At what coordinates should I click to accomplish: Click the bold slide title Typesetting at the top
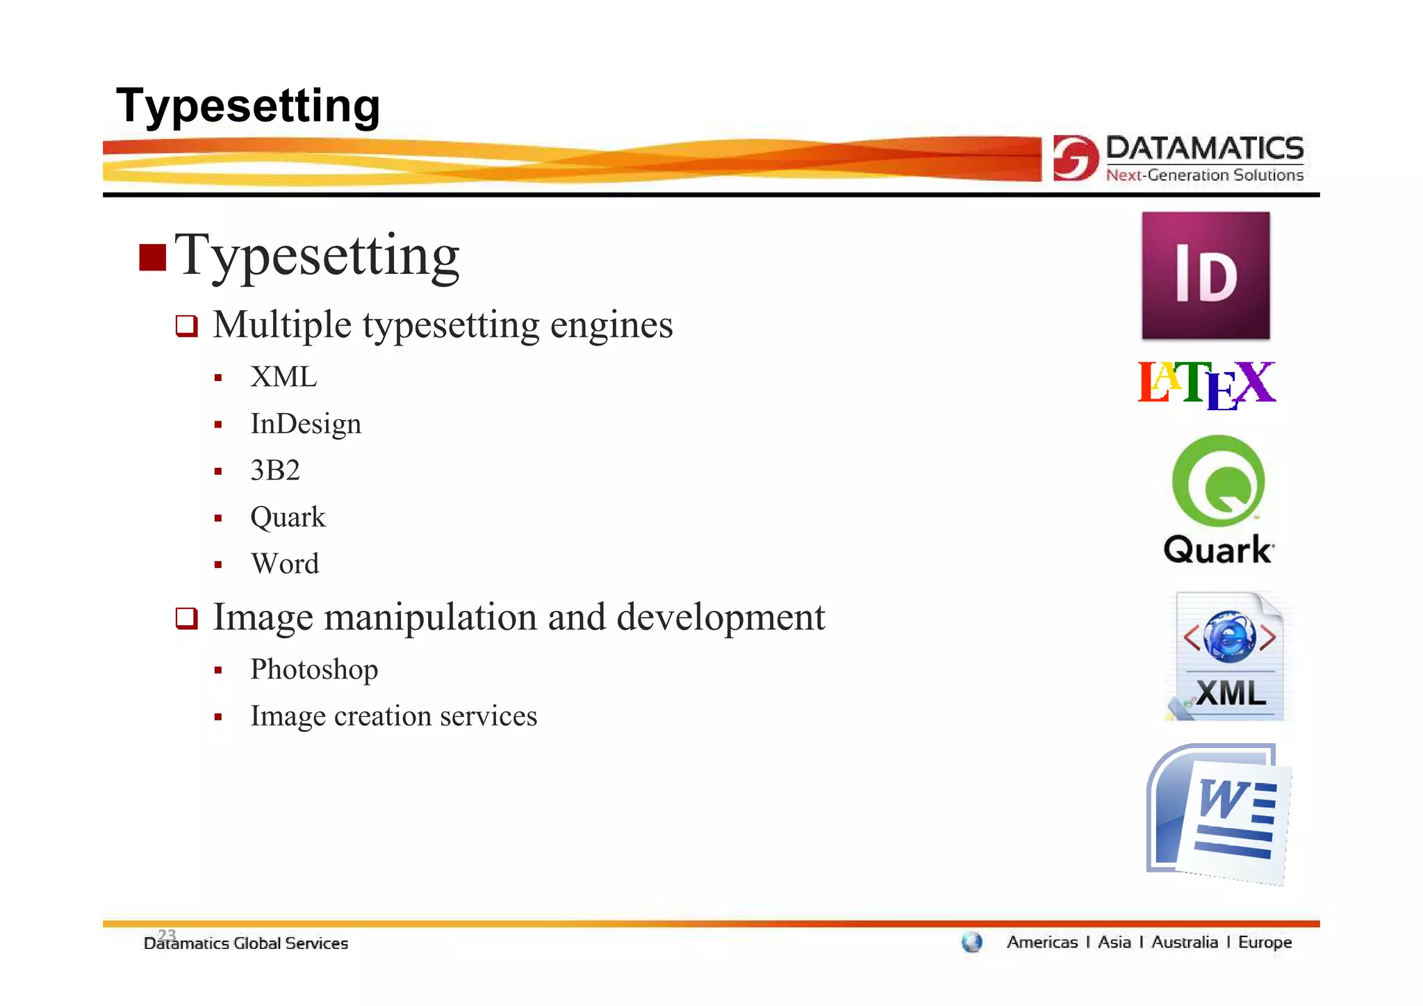(x=248, y=106)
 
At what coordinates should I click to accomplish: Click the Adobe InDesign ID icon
(x=1206, y=276)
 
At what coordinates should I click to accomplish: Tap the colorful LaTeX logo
(x=1206, y=384)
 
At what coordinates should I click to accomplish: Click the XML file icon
(x=1228, y=656)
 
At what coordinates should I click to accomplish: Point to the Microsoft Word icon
(x=1217, y=813)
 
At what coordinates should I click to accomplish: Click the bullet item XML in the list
(x=283, y=378)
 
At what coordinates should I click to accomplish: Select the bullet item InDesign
(x=306, y=424)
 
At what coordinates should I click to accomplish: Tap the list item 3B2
(x=275, y=471)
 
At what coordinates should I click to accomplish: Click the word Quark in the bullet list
(x=288, y=517)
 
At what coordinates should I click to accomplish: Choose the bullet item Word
(x=285, y=564)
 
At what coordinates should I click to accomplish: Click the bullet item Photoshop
(x=314, y=670)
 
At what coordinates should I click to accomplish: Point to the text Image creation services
(x=393, y=716)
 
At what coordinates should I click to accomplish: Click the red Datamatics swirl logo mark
(x=1075, y=158)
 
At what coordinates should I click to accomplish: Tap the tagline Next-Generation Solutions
(x=1204, y=175)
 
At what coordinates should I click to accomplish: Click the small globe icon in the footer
(x=971, y=943)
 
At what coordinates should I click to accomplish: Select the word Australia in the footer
(x=1184, y=943)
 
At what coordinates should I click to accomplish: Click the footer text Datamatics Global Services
(x=245, y=944)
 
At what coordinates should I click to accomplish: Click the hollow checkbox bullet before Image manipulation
(x=186, y=618)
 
